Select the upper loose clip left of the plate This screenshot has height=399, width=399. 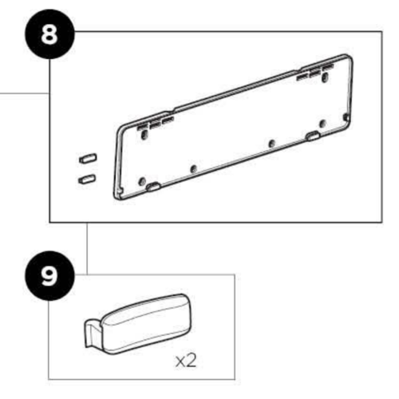[x=88, y=156]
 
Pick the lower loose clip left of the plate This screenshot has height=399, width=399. [x=88, y=176]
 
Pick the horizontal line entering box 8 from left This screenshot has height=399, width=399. [x=24, y=95]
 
